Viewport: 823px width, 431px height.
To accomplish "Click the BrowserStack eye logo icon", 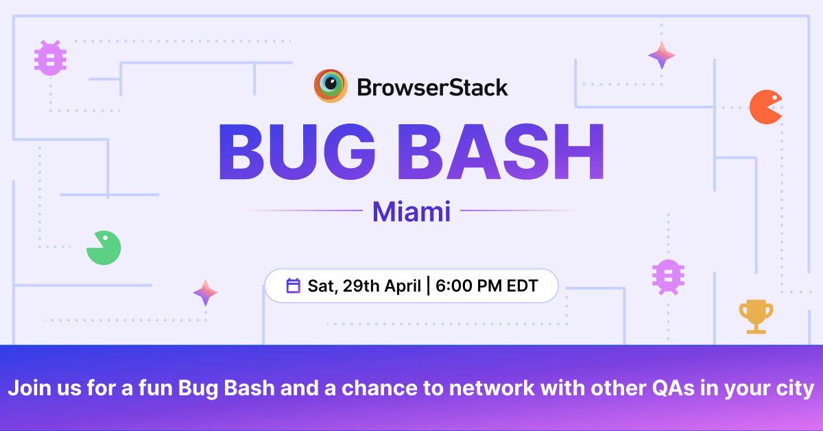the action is point(331,86).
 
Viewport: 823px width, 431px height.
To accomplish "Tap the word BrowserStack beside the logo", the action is point(433,88).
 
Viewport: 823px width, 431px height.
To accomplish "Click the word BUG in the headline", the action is point(297,152).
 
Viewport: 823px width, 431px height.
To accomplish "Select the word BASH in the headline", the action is point(501,152).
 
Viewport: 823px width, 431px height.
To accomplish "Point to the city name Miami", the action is point(411,211).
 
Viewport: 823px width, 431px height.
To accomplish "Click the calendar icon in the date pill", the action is point(294,286).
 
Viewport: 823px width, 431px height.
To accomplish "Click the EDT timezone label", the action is point(523,286).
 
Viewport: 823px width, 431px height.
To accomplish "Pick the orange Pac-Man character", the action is point(765,107).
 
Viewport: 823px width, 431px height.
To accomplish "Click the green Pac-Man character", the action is point(104,248).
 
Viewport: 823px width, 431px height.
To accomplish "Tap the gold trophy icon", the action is point(756,316).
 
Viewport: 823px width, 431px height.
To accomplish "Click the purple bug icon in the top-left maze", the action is point(50,58).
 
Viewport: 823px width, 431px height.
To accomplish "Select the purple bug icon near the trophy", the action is point(668,277).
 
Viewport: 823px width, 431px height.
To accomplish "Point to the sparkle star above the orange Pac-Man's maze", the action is point(662,56).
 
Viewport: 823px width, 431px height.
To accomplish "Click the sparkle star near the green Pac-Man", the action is point(206,293).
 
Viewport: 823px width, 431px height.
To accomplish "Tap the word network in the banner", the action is point(492,388).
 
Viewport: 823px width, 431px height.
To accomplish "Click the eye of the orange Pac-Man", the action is point(774,98).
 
